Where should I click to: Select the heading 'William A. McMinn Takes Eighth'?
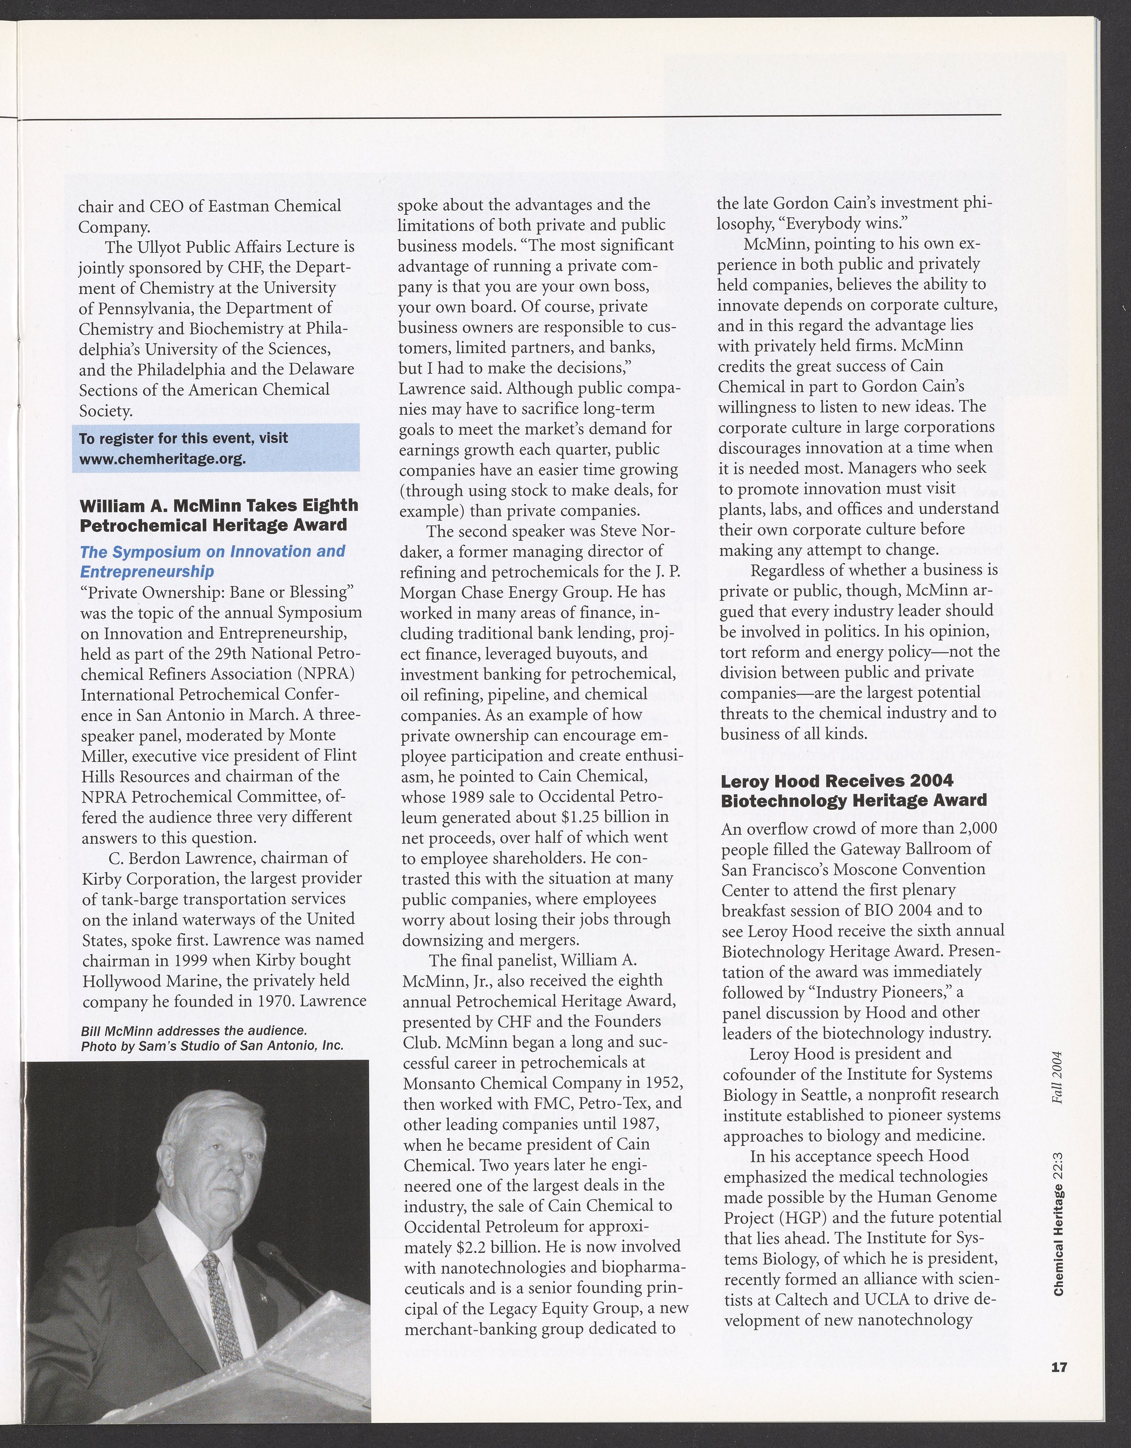click(219, 505)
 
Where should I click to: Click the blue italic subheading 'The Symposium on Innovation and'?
click(212, 552)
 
